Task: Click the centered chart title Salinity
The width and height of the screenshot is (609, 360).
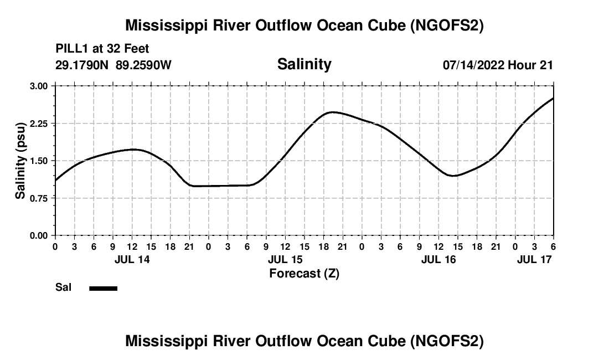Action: tap(304, 64)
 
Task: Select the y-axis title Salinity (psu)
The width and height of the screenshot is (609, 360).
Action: tap(20, 161)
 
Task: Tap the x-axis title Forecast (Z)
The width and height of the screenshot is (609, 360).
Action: tap(304, 274)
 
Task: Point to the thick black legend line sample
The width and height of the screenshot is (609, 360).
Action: tap(103, 288)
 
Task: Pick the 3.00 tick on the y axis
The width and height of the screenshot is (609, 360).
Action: tap(38, 86)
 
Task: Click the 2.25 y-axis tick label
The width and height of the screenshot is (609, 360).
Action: tap(38, 124)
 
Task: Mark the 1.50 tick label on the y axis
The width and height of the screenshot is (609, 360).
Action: tap(38, 161)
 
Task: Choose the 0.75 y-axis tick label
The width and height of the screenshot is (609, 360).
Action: tap(38, 198)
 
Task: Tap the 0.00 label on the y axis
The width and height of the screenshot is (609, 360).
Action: tap(38, 235)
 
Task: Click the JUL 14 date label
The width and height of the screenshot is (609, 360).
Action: tap(132, 259)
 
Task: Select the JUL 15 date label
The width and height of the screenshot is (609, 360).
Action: tap(285, 259)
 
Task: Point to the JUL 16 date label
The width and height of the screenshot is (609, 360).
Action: tap(438, 259)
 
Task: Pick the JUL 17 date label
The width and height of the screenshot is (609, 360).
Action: tap(534, 259)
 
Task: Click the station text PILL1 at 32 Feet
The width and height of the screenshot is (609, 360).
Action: tap(102, 49)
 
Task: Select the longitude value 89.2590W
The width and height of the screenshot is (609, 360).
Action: tap(144, 65)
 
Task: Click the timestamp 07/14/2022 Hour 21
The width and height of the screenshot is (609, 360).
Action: tap(498, 65)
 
